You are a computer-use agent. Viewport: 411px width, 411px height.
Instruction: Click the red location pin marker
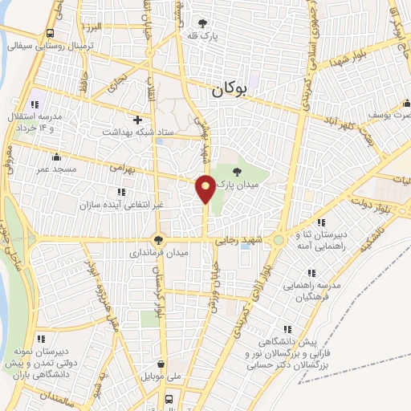tap(205, 189)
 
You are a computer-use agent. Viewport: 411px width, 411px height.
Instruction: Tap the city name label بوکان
tap(230, 92)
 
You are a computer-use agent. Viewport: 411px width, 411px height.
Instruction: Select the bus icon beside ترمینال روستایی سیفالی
tap(51, 33)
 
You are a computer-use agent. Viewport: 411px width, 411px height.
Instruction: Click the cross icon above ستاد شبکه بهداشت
tap(138, 119)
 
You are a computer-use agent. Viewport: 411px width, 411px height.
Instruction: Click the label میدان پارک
tap(235, 184)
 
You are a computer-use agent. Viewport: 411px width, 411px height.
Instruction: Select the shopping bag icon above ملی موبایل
tap(163, 364)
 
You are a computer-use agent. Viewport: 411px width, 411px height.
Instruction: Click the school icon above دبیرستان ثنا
tap(320, 222)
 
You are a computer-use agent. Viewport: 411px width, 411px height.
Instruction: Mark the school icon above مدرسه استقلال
tap(34, 104)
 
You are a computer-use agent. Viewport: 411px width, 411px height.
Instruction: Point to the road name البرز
tap(94, 26)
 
